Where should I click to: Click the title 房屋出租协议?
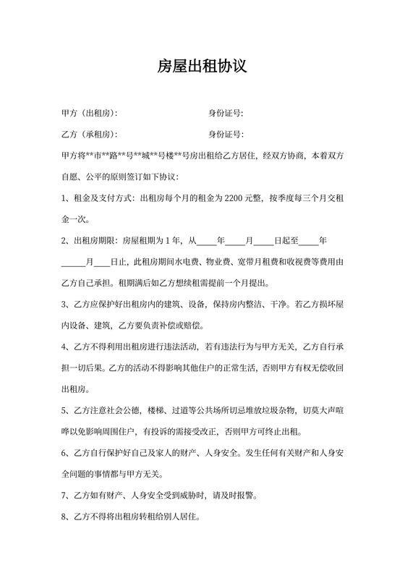(202, 67)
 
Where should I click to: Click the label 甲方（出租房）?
(89, 114)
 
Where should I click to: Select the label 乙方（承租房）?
(89, 135)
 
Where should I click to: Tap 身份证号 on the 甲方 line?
(225, 114)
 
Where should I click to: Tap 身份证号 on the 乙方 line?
(225, 135)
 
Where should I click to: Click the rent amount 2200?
(236, 198)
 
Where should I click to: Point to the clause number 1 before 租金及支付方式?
(64, 198)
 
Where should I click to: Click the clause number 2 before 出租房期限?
(64, 240)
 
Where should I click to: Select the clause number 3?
(64, 304)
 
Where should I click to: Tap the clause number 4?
(64, 347)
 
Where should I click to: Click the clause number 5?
(64, 411)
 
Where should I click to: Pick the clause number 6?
(64, 454)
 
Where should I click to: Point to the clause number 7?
(64, 496)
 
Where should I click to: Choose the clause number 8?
(64, 517)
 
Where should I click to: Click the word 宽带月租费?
(266, 261)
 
